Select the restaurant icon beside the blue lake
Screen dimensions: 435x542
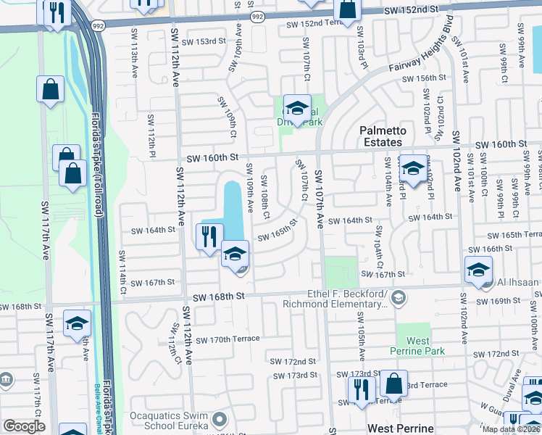tap(209, 237)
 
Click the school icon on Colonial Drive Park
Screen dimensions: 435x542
tap(296, 109)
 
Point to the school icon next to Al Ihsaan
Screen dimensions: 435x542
tap(479, 270)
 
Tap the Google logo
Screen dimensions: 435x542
tap(24, 426)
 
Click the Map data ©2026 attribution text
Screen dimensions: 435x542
tap(511, 429)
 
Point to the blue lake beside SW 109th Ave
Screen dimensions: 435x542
tap(233, 203)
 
